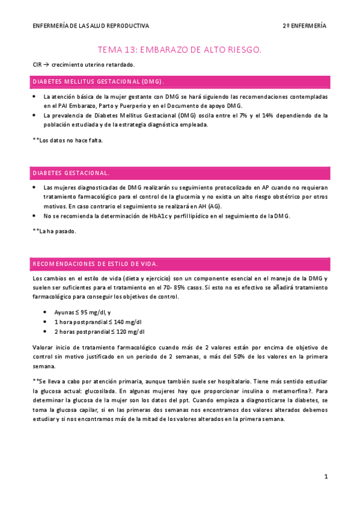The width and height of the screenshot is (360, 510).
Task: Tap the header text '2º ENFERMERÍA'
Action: click(x=305, y=26)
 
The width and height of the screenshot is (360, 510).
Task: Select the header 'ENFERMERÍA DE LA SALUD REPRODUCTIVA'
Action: click(x=91, y=26)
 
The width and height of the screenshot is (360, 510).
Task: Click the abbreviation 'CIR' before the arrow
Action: click(x=37, y=64)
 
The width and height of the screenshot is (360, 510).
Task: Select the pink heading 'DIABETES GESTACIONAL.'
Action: click(x=71, y=173)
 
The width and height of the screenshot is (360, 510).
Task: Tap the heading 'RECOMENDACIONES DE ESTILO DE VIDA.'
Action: click(x=96, y=264)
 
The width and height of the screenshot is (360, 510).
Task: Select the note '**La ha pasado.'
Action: click(x=54, y=231)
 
